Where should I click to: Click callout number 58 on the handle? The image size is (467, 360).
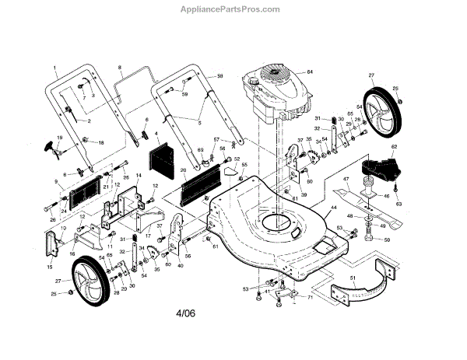point(219,76)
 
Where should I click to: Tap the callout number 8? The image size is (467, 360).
point(120,69)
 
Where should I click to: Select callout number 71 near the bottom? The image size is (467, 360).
point(310,299)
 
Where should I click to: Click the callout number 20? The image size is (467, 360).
point(183,170)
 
